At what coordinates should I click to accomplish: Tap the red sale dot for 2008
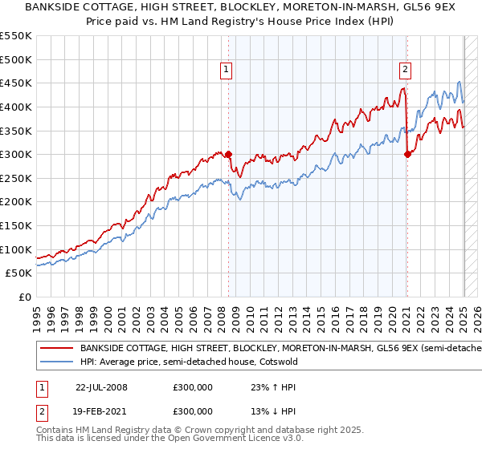pos(228,154)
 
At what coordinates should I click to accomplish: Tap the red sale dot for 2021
pos(407,154)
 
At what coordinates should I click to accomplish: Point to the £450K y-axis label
pos(16,83)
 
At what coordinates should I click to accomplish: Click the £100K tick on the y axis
pos(16,249)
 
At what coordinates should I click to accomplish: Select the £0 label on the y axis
pos(25,297)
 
